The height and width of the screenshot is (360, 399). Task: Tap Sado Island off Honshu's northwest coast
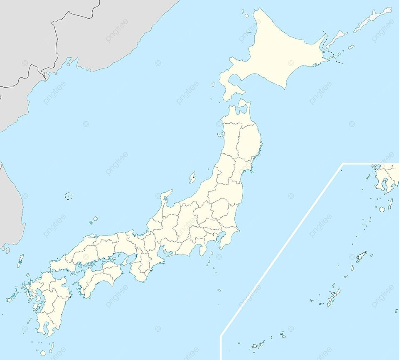[x=192, y=177]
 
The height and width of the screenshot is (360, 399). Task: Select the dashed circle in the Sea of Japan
[x=69, y=196]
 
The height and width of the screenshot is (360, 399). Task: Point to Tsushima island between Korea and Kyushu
[x=20, y=260]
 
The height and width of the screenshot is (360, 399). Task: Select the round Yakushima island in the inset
[x=382, y=209]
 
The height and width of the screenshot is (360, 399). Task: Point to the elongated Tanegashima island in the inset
[x=390, y=203]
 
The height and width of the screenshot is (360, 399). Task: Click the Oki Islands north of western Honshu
[x=95, y=219]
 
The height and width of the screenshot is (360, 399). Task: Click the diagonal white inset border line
[x=283, y=249]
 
